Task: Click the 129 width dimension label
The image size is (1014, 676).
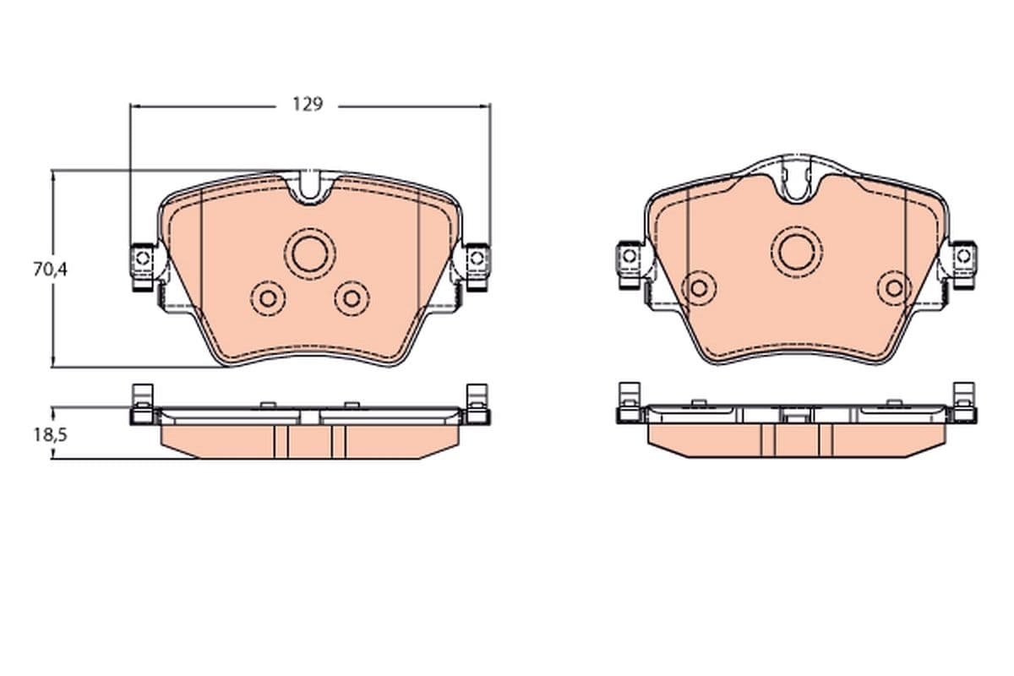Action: click(308, 105)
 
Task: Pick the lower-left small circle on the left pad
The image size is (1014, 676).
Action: click(270, 297)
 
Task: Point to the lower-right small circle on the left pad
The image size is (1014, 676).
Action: click(352, 297)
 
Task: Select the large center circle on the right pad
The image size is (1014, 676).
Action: click(796, 251)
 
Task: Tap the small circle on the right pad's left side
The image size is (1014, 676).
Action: click(699, 288)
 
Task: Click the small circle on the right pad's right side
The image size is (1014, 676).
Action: click(894, 288)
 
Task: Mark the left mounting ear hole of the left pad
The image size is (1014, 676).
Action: click(142, 256)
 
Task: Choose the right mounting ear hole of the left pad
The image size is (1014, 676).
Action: click(477, 256)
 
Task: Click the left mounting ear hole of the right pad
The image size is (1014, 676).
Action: click(629, 254)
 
